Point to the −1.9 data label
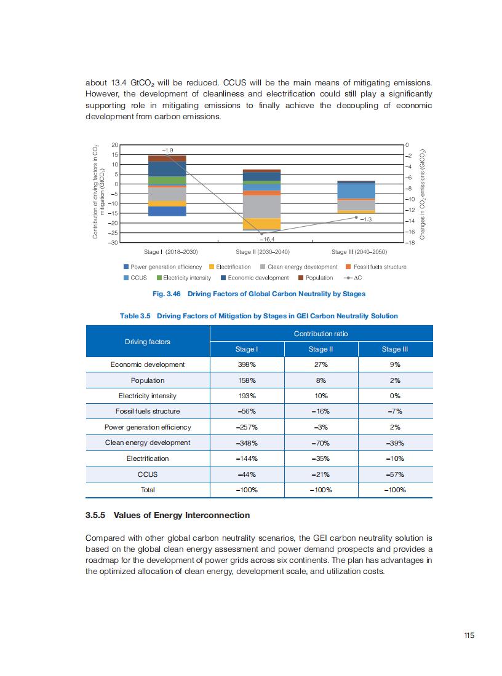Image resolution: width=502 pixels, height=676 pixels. tap(168, 149)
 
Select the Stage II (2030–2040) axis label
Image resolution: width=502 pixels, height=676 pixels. tap(263, 252)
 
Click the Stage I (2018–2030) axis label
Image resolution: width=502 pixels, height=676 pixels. tap(170, 252)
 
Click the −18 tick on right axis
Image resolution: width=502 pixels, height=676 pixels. tap(411, 243)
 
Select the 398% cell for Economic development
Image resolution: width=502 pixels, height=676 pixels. tap(247, 364)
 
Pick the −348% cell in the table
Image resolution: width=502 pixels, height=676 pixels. tap(247, 442)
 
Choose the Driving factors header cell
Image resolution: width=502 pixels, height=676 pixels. tap(148, 341)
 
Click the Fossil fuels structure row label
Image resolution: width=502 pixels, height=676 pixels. tap(148, 411)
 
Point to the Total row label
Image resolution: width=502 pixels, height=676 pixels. tap(148, 490)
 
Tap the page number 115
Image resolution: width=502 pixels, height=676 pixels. tap(469, 636)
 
